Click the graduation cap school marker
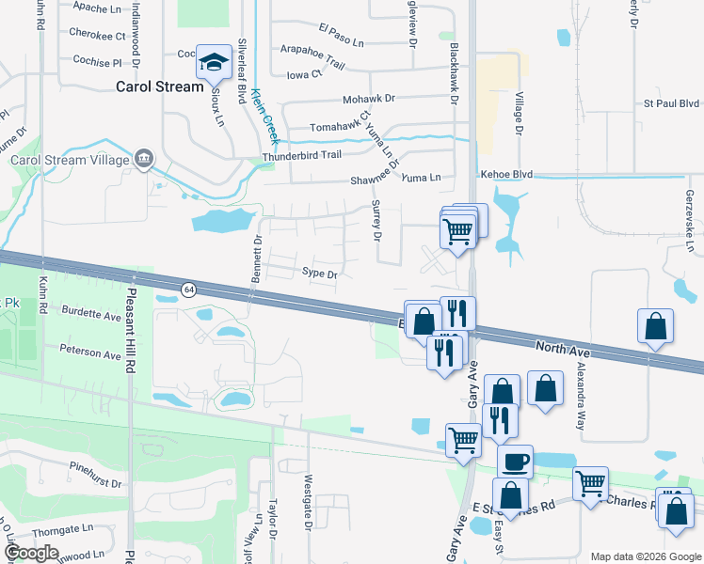214,63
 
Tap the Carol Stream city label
159,86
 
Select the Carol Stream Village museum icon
144,159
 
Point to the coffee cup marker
515,462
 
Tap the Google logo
31,554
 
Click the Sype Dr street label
319,274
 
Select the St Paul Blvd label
672,103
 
